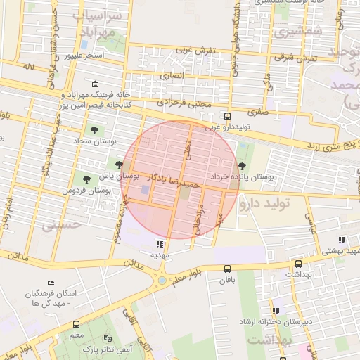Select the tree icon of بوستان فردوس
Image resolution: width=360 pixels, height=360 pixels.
pos(86,180)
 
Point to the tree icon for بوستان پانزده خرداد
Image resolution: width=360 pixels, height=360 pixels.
pos(243,166)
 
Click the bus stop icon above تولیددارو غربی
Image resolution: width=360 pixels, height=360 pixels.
pos(226,117)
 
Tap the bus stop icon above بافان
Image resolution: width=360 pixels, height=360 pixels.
pos(226,269)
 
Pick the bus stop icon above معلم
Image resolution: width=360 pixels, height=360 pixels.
pos(76,324)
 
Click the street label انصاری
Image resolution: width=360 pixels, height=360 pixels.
pos(172,74)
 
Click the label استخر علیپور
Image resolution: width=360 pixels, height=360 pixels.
pos(84,54)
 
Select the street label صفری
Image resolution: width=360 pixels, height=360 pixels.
pos(257,111)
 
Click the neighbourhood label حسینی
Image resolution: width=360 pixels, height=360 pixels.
pos(58,226)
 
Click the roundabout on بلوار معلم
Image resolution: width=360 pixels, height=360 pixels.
pos(162,281)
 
